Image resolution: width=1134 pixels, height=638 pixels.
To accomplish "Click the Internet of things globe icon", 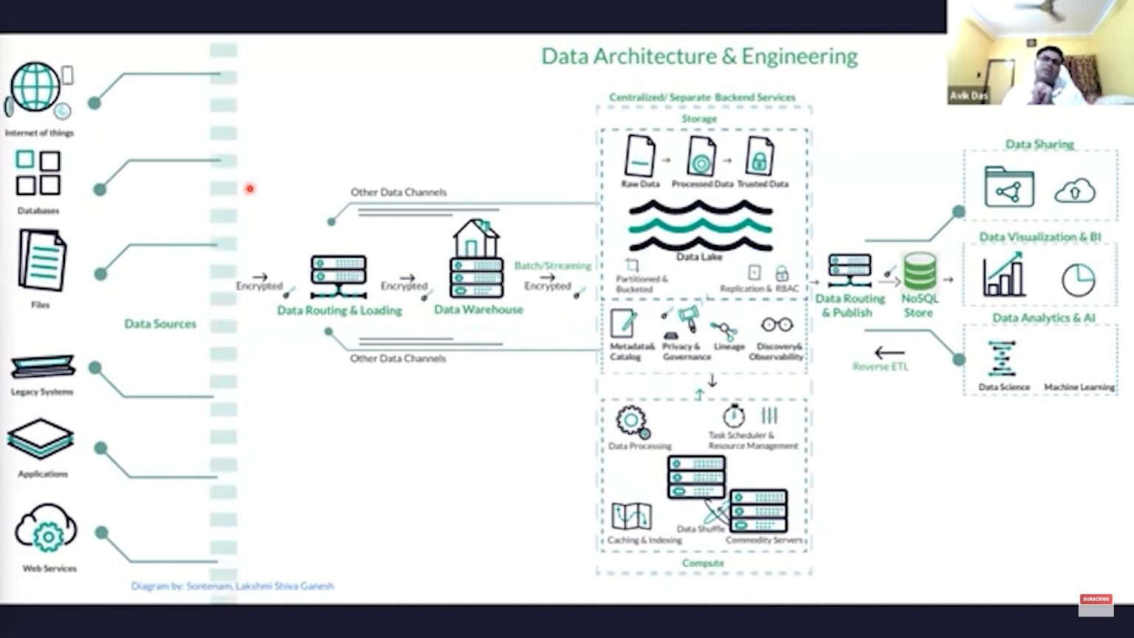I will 35,87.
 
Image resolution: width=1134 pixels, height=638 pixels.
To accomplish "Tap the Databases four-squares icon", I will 38,173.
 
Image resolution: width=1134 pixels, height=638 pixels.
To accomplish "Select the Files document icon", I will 42,260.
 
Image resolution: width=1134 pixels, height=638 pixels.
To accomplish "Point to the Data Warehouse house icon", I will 476,258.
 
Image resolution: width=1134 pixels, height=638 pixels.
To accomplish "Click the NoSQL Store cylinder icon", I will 920,271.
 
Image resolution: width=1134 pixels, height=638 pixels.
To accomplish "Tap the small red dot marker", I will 250,189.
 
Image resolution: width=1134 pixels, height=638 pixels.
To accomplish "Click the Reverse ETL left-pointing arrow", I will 889,353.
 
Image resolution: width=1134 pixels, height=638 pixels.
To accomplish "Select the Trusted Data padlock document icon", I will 759,156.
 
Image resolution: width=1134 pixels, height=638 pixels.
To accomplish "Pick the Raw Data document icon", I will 639,156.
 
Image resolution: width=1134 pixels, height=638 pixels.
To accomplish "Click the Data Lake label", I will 699,257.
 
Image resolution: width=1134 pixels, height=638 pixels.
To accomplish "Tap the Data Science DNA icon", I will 1002,359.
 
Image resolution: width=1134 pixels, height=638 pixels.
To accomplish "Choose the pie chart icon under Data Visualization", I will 1078,280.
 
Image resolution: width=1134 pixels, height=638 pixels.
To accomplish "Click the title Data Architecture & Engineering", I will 699,57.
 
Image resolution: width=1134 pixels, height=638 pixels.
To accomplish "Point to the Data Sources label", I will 160,323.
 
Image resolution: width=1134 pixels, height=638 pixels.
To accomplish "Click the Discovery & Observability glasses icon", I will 777,325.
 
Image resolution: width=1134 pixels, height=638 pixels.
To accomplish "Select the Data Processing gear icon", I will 632,421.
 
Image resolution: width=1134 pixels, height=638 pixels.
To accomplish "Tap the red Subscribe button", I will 1096,599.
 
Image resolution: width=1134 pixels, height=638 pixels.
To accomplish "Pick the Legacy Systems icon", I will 42,366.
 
